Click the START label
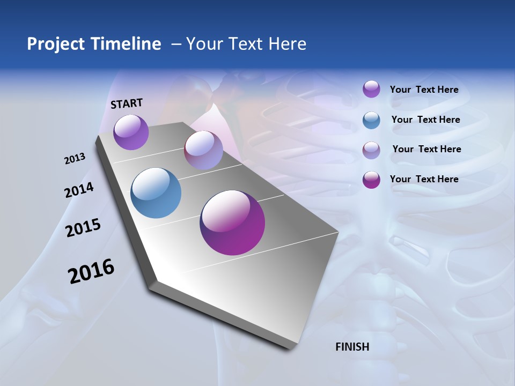pos(127,103)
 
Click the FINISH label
pos(352,347)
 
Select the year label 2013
pos(75,159)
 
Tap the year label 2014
pos(79,190)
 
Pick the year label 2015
pos(83,228)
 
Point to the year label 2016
pos(91,271)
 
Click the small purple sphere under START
pos(131,132)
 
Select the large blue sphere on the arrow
pos(156,192)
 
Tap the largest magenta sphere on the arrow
pos(232,222)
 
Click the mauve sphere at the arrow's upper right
pos(203,151)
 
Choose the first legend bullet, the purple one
pos(371,89)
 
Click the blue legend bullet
pos(371,120)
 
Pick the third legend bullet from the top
pos(371,150)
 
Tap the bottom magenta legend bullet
pos(371,180)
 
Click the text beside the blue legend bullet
pos(425,120)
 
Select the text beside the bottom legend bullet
pos(424,179)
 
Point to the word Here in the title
pos(288,44)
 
